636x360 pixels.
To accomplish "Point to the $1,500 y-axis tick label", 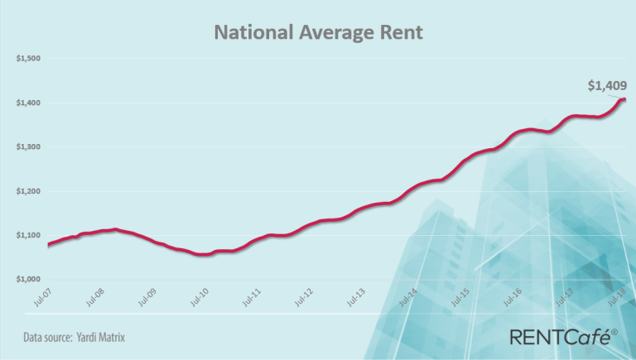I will coord(29,59).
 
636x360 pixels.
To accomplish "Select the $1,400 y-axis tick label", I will coord(29,103).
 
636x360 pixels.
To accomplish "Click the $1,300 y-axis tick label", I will coord(29,147).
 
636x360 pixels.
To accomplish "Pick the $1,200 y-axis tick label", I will coord(29,191).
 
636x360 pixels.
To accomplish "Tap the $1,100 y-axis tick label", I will coord(29,235).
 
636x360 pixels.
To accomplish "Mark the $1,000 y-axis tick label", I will coord(29,279).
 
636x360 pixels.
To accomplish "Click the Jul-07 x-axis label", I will coord(42,296).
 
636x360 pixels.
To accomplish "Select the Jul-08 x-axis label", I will coord(94,296).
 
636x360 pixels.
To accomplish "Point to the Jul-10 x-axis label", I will coord(199,296).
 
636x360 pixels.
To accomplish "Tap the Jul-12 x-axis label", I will coord(303,296).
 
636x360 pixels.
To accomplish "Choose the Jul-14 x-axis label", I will coord(407,296).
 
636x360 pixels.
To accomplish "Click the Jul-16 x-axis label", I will coord(512,296).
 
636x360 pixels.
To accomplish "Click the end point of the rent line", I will coord(623,100).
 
